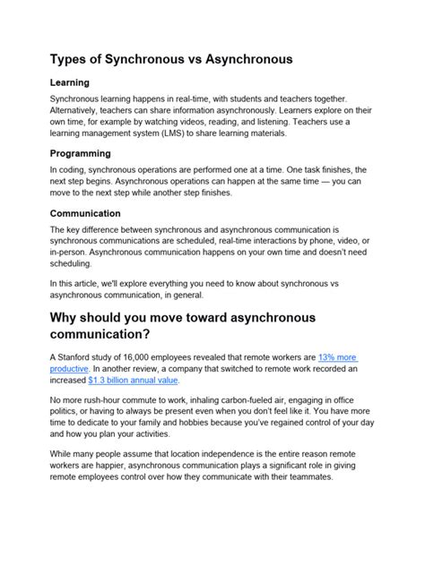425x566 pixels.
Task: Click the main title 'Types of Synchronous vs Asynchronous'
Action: (x=170, y=59)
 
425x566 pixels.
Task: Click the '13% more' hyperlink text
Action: (x=332, y=356)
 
